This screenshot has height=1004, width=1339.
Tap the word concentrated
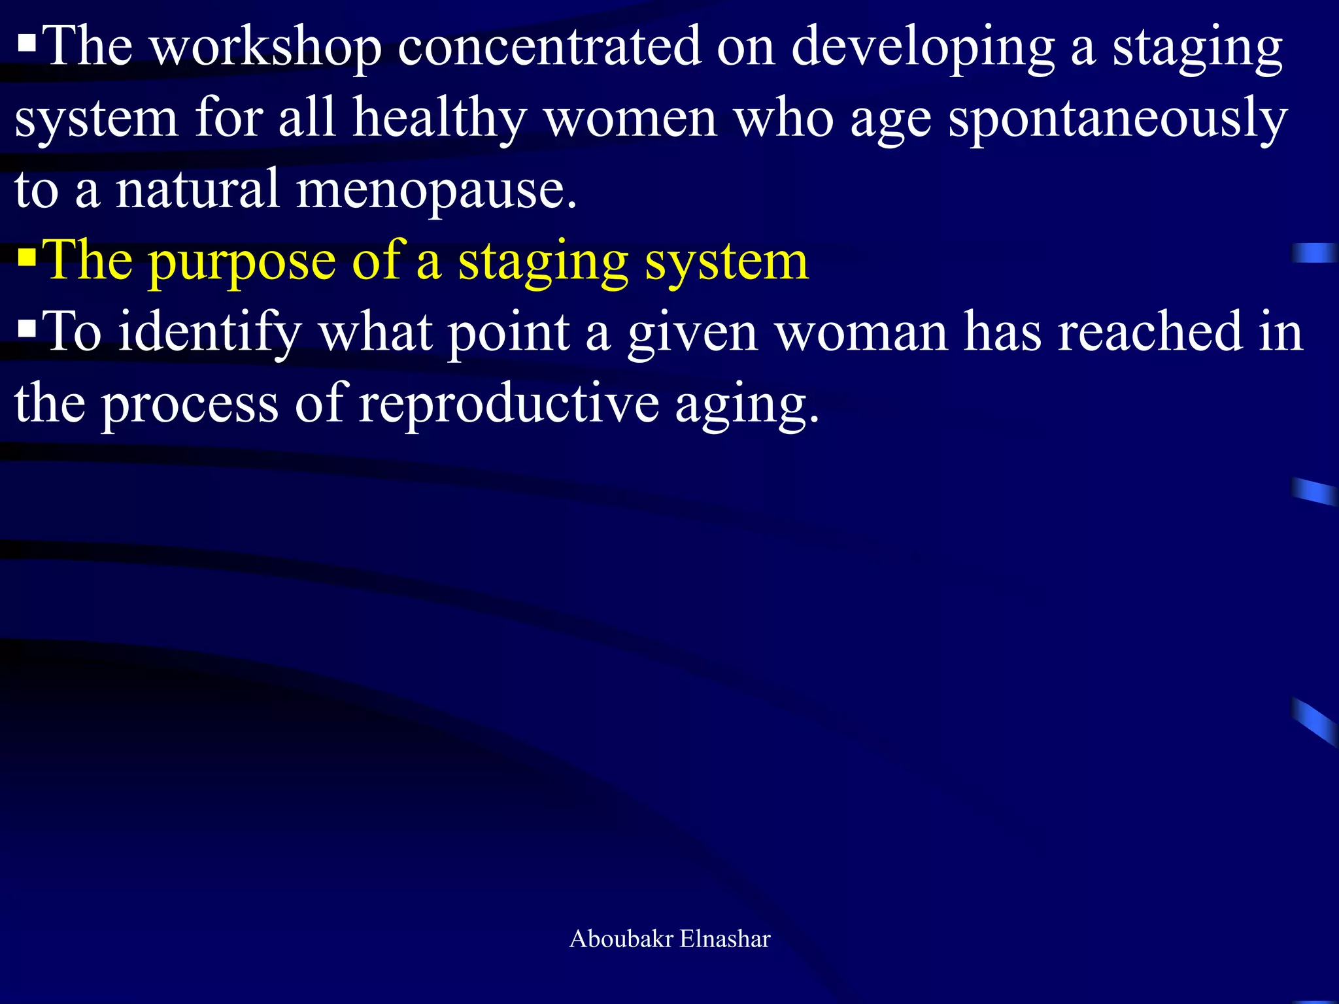click(549, 47)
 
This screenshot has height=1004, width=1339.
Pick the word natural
click(198, 190)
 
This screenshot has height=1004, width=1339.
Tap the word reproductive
click(509, 404)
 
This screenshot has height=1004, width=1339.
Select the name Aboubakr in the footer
click(621, 939)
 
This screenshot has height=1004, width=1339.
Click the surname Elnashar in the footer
click(725, 939)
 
